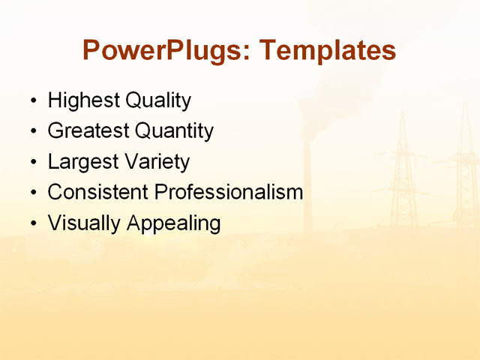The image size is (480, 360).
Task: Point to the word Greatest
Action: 88,131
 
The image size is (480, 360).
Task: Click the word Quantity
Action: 174,131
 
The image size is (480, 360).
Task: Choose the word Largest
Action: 80,162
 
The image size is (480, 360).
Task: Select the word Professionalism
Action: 229,192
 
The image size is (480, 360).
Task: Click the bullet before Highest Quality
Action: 32,101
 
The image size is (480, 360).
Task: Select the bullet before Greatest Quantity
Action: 32,132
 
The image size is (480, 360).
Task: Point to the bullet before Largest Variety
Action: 32,163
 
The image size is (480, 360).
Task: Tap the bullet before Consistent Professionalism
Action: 32,193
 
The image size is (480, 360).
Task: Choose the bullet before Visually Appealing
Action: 32,224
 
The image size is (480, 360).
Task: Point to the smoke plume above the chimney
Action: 330,97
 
